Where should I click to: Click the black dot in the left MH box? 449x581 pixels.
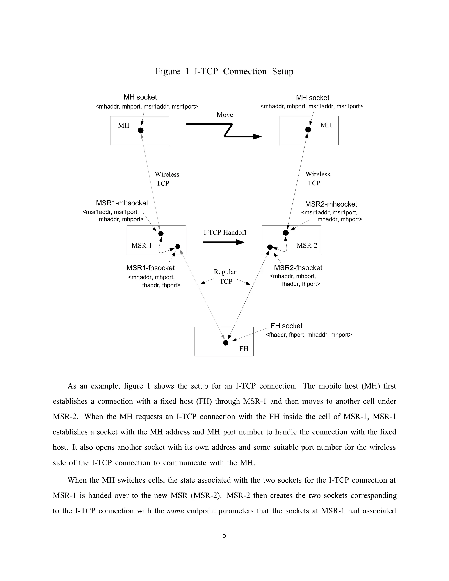(x=141, y=130)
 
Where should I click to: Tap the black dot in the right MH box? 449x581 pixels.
(x=308, y=130)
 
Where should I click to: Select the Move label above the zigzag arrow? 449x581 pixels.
(x=225, y=115)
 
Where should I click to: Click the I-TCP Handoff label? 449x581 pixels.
(x=225, y=232)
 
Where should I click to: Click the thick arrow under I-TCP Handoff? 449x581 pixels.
(x=223, y=242)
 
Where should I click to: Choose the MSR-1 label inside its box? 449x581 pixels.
(x=141, y=245)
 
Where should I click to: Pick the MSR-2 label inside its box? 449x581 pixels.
(x=307, y=245)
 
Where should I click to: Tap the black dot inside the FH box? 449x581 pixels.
(x=226, y=343)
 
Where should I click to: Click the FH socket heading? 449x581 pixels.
(x=287, y=326)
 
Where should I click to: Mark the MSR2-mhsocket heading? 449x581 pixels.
(x=331, y=204)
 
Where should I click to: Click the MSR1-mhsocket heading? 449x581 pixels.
(x=122, y=203)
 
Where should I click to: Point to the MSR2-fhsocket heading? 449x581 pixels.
(x=298, y=268)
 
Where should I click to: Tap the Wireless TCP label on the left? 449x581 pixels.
(x=167, y=179)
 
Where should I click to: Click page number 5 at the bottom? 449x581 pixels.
(x=224, y=535)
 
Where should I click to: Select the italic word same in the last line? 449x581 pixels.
(x=176, y=511)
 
